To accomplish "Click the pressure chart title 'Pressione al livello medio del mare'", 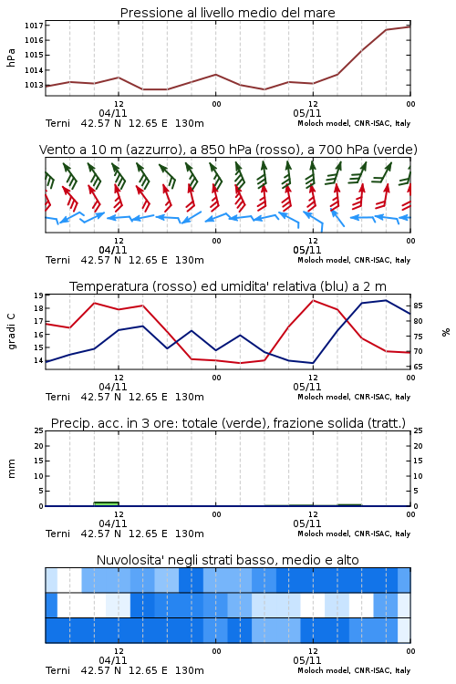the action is coord(227,13).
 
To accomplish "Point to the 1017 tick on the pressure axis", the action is coord(34,26).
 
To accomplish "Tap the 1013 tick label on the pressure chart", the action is coord(34,85).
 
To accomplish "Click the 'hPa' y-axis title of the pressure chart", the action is coord(11,57).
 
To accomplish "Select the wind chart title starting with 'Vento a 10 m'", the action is coord(228,150).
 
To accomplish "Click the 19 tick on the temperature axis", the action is coord(38,295).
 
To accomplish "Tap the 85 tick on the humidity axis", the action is coord(418,306).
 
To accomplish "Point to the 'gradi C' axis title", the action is coord(11,331).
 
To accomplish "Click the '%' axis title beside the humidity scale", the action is coord(446,332).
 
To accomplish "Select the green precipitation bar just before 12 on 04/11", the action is coord(106,503).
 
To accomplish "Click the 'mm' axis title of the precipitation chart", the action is coord(11,469).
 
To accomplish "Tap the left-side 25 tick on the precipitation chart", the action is coord(38,430).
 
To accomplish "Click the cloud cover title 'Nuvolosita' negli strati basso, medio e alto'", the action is coord(227,560).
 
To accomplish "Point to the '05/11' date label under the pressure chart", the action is coord(306,113).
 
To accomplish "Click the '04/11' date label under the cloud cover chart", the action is coord(112,660).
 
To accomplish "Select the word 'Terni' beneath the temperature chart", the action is coord(57,397).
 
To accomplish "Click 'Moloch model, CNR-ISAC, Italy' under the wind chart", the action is coord(354,260).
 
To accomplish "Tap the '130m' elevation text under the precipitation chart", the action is coord(190,534).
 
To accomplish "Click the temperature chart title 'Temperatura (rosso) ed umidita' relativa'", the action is coord(228,286).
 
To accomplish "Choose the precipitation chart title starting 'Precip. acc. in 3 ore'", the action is coord(228,423).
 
